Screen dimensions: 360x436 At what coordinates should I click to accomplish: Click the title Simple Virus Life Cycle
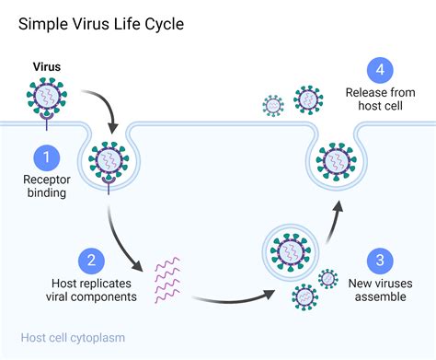pyautogui.click(x=101, y=22)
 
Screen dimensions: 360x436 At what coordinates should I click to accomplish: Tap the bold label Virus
pyautogui.click(x=48, y=67)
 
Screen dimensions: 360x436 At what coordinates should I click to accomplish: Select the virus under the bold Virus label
pyautogui.click(x=48, y=96)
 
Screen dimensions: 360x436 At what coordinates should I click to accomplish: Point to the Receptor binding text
pyautogui.click(x=47, y=187)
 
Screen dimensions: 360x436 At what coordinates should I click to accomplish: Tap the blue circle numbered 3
pyautogui.click(x=374, y=259)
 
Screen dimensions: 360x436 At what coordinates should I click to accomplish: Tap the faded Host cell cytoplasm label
pyautogui.click(x=73, y=338)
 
